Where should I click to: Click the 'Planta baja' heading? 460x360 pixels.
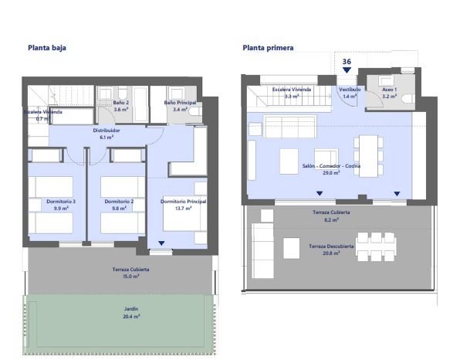[x=47, y=48]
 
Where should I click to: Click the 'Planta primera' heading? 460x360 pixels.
[x=268, y=48]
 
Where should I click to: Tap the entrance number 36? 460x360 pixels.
[x=347, y=61]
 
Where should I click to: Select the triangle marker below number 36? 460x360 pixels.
[x=347, y=70]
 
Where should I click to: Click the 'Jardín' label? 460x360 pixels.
[x=131, y=309]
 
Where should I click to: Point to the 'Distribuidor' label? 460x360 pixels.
[x=107, y=131]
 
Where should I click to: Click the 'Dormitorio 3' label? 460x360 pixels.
[x=61, y=202]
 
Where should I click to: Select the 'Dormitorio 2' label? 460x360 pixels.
[x=119, y=202]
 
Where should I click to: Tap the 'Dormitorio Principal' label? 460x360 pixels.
[x=183, y=202]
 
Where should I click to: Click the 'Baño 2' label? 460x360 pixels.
[x=121, y=103]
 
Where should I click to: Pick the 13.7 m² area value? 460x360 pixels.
[x=184, y=208]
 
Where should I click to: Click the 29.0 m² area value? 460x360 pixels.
[x=331, y=173]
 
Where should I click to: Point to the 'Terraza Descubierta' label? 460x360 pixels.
[x=331, y=246]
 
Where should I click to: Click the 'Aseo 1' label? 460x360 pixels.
[x=390, y=90]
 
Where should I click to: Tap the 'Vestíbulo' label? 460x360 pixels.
[x=350, y=90]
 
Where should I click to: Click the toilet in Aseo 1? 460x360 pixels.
[x=408, y=98]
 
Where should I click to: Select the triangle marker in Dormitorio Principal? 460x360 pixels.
[x=161, y=243]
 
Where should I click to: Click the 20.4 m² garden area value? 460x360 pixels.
[x=131, y=316]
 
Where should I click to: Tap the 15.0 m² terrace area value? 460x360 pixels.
[x=131, y=277]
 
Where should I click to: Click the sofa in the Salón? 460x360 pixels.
[x=290, y=127]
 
